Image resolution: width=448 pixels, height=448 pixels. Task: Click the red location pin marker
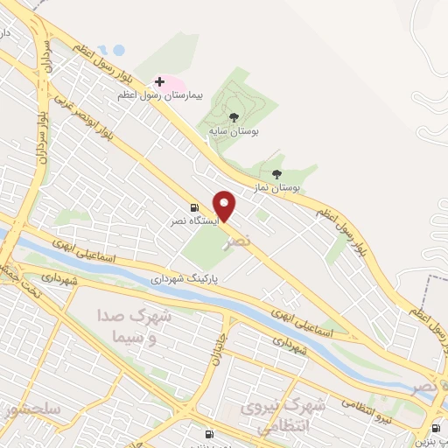(x=225, y=206)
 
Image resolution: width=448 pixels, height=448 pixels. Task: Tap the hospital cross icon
(x=159, y=80)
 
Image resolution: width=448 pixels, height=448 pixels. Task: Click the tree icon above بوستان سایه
(x=233, y=115)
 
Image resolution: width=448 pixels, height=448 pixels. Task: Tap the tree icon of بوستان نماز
(x=277, y=174)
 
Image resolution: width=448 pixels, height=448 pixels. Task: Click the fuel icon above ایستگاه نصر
(x=193, y=207)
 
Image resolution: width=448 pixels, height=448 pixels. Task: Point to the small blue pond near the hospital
(x=107, y=50)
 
